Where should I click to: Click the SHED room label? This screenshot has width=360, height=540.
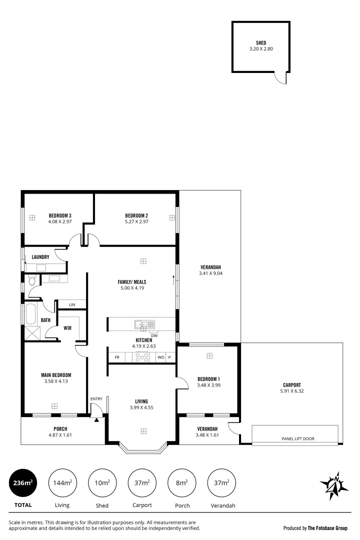pyautogui.click(x=261, y=43)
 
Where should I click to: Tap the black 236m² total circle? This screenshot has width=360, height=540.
pyautogui.click(x=23, y=482)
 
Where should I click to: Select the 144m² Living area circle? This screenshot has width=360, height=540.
pyautogui.click(x=62, y=482)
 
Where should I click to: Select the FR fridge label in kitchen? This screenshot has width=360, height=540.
pyautogui.click(x=117, y=357)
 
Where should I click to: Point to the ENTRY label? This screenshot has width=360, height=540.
pyautogui.click(x=96, y=398)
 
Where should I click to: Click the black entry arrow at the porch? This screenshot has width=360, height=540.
pyautogui.click(x=97, y=419)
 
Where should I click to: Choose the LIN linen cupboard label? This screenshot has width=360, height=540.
pyautogui.click(x=72, y=304)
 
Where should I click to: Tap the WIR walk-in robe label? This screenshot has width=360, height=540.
pyautogui.click(x=67, y=328)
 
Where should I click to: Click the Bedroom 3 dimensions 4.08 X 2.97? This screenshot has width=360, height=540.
pyautogui.click(x=60, y=221)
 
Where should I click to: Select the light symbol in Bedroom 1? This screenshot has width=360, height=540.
pyautogui.click(x=209, y=355)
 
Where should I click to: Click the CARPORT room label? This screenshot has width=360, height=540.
pyautogui.click(x=291, y=384)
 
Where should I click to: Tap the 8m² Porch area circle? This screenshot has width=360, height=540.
pyautogui.click(x=182, y=482)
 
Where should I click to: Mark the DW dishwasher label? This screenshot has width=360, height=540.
pyautogui.click(x=154, y=335)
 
